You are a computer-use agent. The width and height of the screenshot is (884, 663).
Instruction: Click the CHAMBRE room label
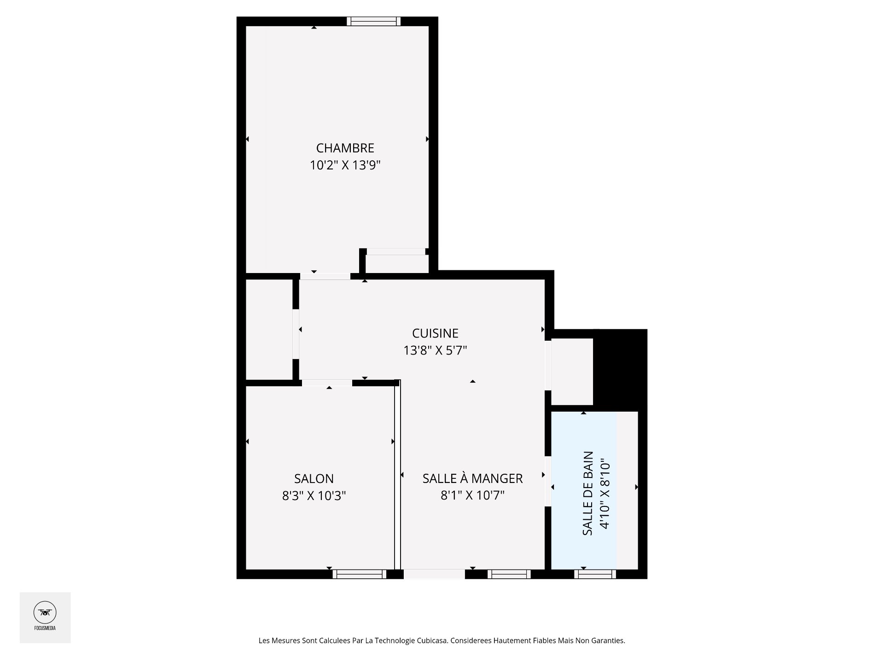(345, 148)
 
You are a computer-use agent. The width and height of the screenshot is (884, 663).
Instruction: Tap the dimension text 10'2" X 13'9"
(345, 165)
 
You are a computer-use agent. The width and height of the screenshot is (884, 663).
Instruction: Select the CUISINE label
(435, 333)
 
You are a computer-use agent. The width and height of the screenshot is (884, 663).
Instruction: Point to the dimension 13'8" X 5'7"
(435, 350)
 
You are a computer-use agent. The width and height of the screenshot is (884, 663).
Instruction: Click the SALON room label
(314, 478)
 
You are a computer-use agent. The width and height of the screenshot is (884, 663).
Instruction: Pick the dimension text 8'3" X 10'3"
(314, 496)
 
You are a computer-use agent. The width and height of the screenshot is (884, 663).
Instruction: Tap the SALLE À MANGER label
(472, 478)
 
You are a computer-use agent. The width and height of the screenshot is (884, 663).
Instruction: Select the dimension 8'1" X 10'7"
(472, 495)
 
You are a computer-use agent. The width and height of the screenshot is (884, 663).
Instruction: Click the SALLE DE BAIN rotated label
(588, 493)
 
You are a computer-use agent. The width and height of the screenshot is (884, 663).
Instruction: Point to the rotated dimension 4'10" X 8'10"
(605, 493)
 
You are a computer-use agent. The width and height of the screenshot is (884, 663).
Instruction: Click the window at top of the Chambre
(373, 21)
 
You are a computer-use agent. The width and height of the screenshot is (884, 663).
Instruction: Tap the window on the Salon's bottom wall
(359, 574)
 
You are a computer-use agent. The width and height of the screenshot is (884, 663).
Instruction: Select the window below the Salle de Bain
(595, 574)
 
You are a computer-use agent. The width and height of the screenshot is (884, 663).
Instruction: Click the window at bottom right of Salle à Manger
(509, 574)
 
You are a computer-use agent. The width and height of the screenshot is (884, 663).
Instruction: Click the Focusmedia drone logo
(45, 613)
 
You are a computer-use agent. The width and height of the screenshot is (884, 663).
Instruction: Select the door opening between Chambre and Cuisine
(325, 276)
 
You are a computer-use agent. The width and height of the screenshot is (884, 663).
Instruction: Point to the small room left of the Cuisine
(269, 329)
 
